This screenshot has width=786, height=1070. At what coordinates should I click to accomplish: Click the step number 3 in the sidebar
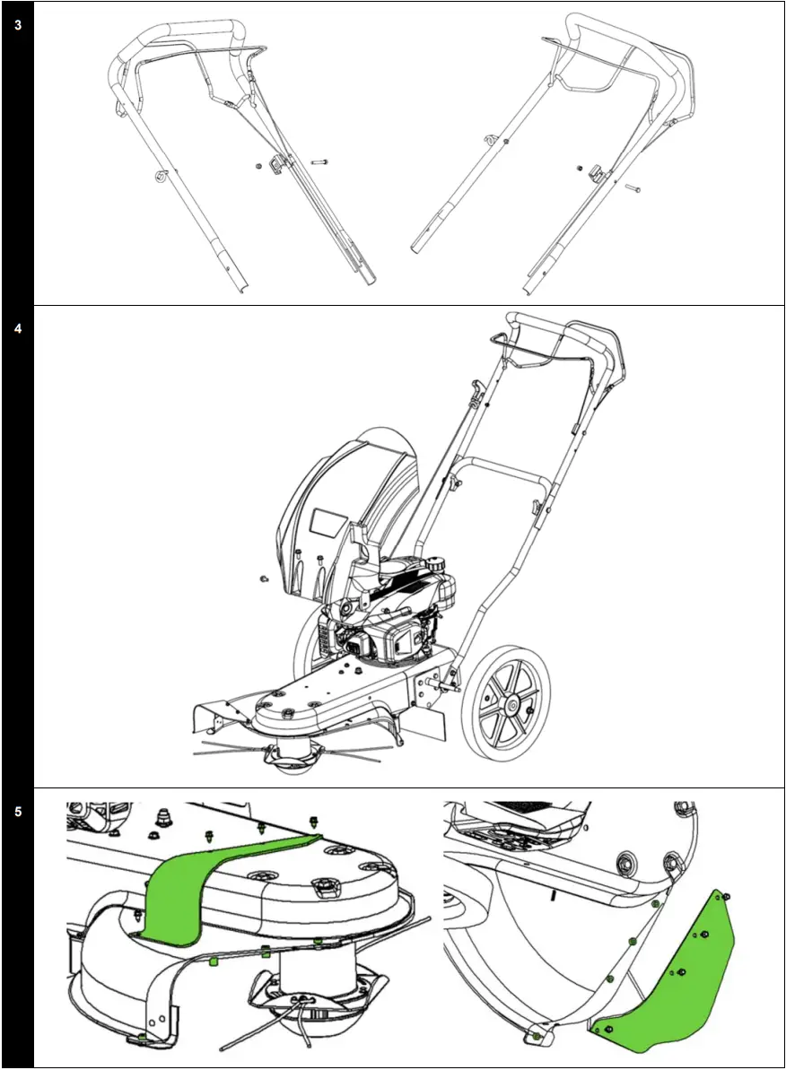tap(18, 25)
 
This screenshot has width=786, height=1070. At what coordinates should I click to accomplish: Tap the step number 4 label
tap(18, 328)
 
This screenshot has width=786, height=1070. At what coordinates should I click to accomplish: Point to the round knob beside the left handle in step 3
tap(162, 174)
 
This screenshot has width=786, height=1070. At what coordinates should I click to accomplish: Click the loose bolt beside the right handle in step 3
tap(633, 188)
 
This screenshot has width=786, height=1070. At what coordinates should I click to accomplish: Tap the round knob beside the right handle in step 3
tap(490, 139)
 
